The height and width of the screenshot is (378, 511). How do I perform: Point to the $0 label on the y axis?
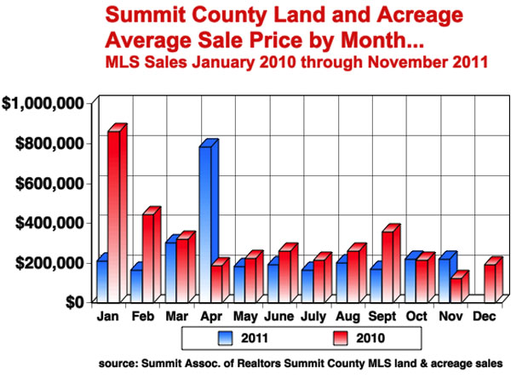[75, 302]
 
